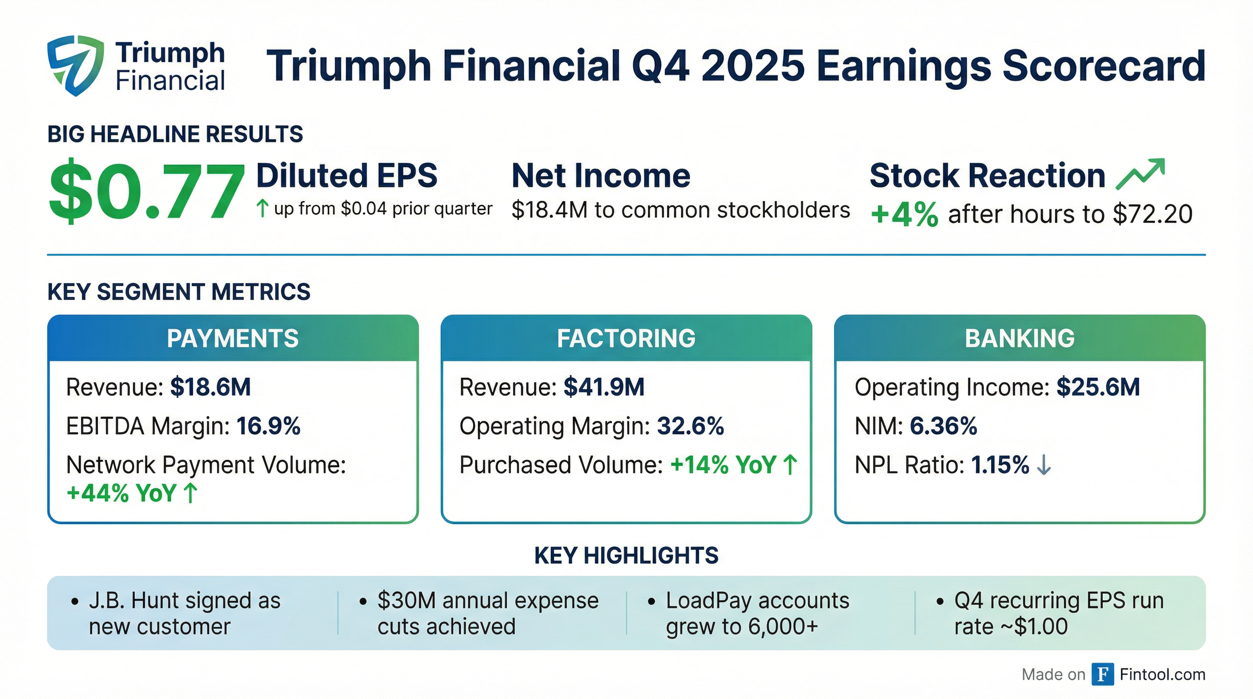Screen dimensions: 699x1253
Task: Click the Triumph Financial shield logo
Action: [76, 65]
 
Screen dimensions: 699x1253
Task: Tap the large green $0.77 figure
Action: [146, 192]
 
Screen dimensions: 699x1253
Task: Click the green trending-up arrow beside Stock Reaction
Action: [1140, 173]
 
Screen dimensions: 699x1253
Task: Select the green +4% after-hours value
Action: [904, 214]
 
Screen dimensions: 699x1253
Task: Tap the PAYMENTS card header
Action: [233, 338]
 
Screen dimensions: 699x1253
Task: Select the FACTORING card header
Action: [626, 338]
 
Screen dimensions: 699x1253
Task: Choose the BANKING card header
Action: [1019, 338]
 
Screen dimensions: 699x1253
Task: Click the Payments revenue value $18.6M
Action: [210, 387]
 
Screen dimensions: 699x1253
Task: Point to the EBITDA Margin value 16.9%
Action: [269, 426]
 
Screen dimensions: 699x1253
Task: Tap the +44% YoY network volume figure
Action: [122, 493]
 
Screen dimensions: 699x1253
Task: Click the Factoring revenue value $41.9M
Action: [604, 387]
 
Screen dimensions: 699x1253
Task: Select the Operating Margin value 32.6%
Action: [690, 426]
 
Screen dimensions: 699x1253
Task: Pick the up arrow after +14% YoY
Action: [790, 465]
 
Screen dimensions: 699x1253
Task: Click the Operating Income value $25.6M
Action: [1098, 387]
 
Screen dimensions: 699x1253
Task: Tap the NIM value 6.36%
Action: [943, 426]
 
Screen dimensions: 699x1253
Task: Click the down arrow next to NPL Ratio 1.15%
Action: [1044, 465]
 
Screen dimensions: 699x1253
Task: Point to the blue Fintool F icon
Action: [1102, 674]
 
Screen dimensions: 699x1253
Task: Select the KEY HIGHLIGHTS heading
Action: [626, 556]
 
